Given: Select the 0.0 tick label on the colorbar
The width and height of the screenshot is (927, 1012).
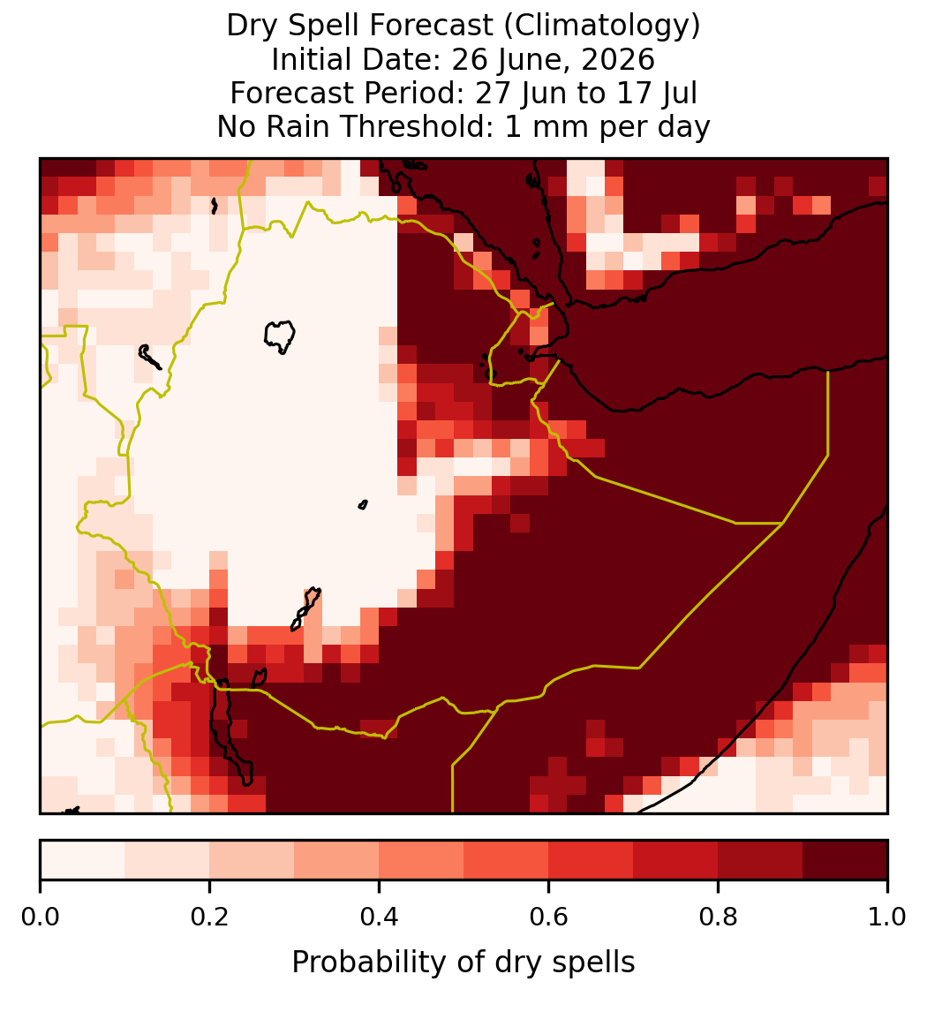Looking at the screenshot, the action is (41, 918).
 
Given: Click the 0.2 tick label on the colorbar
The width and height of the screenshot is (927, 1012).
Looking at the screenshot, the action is (209, 918).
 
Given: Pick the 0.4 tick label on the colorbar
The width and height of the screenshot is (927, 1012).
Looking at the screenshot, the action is (380, 918).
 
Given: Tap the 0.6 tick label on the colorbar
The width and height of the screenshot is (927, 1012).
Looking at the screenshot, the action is (549, 918).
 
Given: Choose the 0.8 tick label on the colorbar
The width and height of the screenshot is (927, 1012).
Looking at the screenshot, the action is (718, 918).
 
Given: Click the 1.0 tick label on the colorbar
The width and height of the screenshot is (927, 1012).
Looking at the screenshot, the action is (887, 918).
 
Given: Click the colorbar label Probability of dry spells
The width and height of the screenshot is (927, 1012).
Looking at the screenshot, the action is (463, 963).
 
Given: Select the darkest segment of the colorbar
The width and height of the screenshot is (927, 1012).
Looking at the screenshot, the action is (846, 860).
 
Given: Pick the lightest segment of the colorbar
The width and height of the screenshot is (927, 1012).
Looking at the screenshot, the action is (83, 860).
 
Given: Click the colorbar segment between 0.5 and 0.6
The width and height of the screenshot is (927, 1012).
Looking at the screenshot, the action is (507, 860).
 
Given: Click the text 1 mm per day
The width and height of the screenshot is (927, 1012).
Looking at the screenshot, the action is (607, 126).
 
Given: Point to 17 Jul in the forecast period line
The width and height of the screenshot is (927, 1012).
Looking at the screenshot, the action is (658, 93).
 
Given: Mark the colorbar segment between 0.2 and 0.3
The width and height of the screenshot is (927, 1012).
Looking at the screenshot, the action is (252, 860).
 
